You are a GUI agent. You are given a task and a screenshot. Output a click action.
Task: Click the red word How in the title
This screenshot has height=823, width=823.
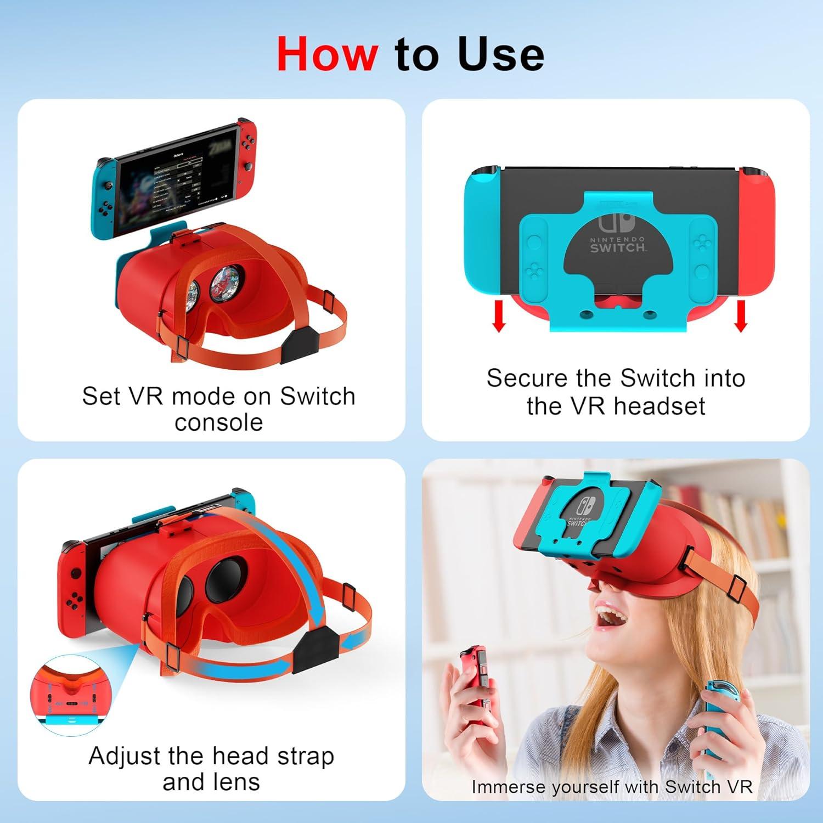[x=327, y=54]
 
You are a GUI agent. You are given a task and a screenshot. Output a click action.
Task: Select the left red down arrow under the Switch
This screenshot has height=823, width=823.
[x=499, y=316]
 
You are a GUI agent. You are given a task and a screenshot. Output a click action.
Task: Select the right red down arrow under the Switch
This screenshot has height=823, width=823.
[x=741, y=316]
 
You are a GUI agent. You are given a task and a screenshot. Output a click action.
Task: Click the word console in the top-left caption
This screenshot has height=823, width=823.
[x=218, y=422]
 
